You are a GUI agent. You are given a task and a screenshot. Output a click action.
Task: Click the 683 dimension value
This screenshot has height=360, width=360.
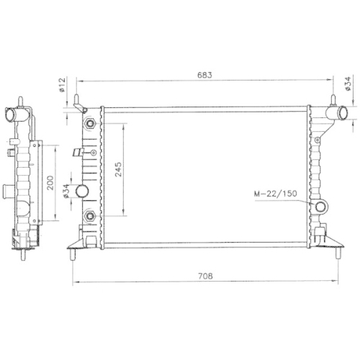coord(204,75)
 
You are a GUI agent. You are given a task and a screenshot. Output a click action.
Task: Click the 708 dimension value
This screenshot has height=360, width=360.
coord(205,276)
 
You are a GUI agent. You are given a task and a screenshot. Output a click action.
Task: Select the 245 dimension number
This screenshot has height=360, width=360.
coord(118,169)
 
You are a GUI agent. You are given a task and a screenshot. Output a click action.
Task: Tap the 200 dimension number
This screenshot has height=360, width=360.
coord(50,183)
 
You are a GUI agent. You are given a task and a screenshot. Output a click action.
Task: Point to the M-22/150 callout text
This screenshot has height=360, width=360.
coord(276,194)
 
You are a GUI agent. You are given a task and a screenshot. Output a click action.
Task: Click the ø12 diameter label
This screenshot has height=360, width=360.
coord(62,85)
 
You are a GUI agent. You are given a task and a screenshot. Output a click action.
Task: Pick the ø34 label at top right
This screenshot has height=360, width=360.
coord(348,84)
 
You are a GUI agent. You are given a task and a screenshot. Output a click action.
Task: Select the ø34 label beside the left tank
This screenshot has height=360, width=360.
coord(66,192)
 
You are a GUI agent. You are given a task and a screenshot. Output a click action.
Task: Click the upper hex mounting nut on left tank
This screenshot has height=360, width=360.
coord(90,124)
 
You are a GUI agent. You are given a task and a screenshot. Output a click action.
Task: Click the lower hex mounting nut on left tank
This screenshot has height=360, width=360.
coord(90,216)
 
